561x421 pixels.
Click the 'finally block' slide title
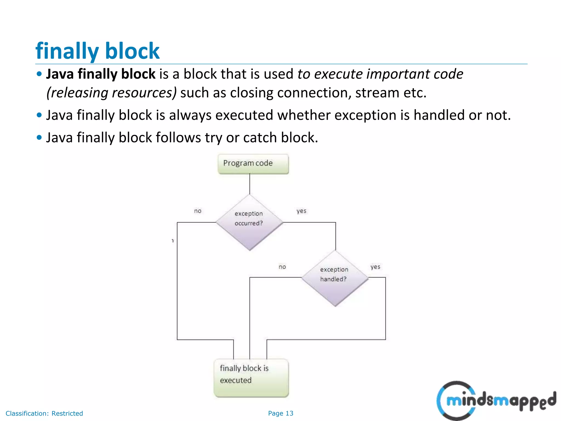[x=97, y=51]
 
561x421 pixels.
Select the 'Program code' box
[x=253, y=164]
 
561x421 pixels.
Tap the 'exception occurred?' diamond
[x=249, y=222]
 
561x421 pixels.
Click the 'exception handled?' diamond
[x=335, y=278]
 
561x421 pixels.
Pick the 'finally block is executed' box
[x=251, y=377]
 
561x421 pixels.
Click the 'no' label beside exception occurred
[x=198, y=211]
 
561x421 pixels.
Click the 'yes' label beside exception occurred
[x=301, y=211]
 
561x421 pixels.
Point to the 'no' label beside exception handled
[x=282, y=267]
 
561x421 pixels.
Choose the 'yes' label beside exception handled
[x=375, y=267]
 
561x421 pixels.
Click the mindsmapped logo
[x=496, y=400]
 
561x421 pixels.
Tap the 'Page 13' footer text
[x=280, y=413]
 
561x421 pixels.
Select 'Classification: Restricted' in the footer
[x=44, y=413]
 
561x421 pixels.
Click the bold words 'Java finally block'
[x=101, y=74]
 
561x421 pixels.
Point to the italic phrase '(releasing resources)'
[x=111, y=93]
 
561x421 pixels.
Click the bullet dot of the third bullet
[x=39, y=137]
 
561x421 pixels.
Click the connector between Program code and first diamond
[x=250, y=184]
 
